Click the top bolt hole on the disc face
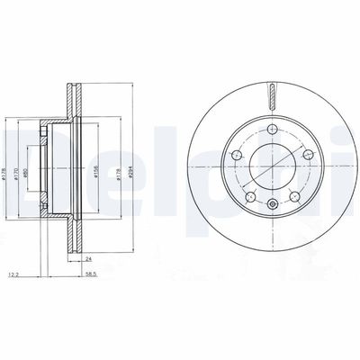point(271,134)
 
